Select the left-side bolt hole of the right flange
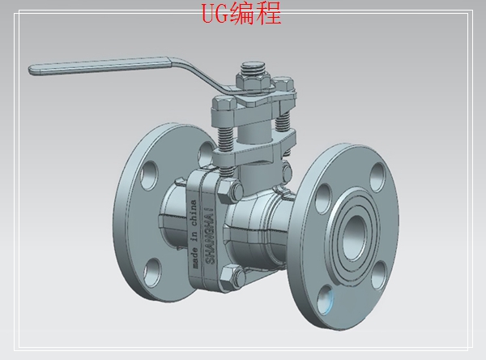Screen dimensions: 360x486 (322, 196)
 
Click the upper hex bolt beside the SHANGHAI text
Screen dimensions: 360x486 (230, 191)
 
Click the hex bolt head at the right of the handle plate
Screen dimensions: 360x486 (283, 84)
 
